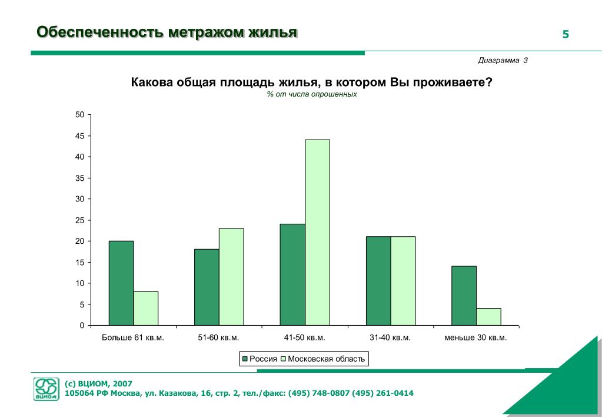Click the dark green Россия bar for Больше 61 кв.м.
[121, 283]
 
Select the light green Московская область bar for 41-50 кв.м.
[317, 232]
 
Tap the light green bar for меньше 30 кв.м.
[488, 316]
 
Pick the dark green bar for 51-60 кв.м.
[207, 287]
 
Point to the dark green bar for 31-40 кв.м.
[378, 280]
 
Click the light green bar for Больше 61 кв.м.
[146, 308]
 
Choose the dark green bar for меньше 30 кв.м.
[464, 295]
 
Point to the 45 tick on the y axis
[80, 136]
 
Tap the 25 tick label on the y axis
[80, 220]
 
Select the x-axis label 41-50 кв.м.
[304, 338]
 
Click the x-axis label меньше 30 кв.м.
[475, 338]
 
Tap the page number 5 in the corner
[566, 34]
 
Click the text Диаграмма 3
[503, 61]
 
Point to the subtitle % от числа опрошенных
[311, 94]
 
